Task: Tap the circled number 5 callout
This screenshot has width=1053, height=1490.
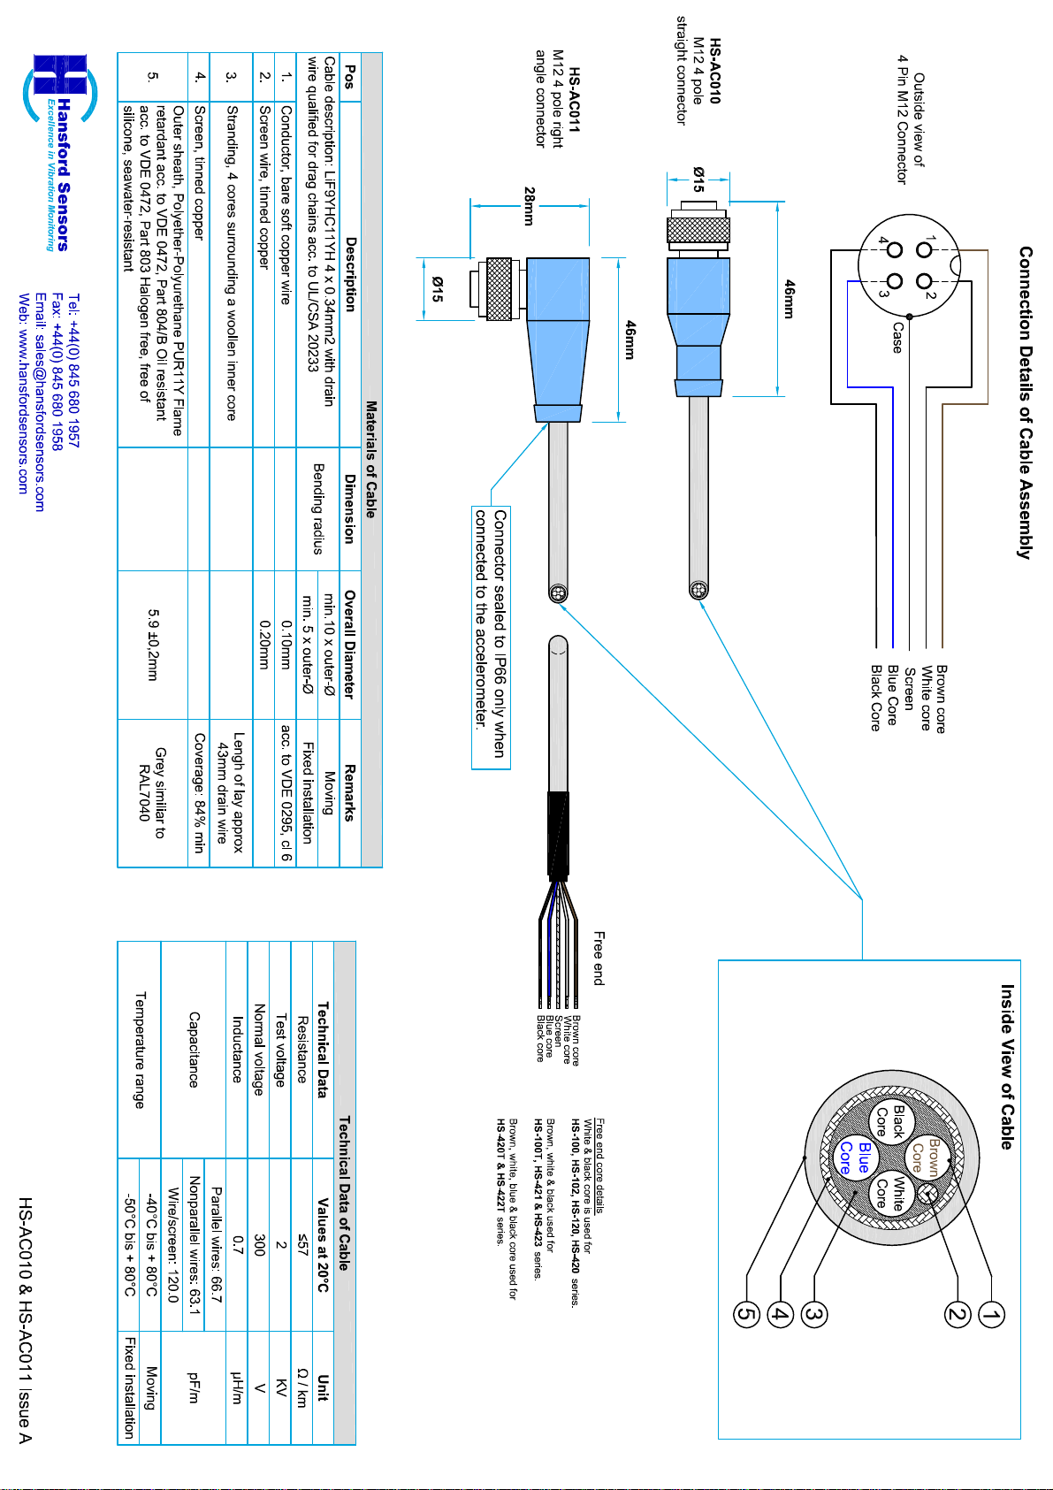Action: click(746, 1314)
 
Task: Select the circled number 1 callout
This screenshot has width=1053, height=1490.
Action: click(991, 1314)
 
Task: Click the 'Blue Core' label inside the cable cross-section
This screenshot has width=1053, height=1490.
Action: click(855, 1158)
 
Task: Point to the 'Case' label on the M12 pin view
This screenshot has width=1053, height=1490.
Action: click(897, 338)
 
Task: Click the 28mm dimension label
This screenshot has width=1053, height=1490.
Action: click(529, 206)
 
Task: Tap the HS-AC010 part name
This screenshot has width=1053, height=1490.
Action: click(715, 71)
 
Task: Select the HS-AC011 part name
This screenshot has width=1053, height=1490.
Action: click(575, 100)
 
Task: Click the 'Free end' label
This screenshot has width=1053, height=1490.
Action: click(599, 958)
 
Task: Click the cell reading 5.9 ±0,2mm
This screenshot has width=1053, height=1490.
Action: click(152, 645)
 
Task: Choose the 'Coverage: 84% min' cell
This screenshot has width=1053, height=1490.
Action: click(199, 793)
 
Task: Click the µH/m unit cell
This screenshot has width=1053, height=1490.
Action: click(237, 1387)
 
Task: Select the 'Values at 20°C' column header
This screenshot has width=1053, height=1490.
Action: click(323, 1244)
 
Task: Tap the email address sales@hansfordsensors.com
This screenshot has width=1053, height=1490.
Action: click(40, 401)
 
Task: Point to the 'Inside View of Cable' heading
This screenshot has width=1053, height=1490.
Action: click(1008, 1067)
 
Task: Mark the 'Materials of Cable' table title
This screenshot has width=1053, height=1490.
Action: click(371, 459)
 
